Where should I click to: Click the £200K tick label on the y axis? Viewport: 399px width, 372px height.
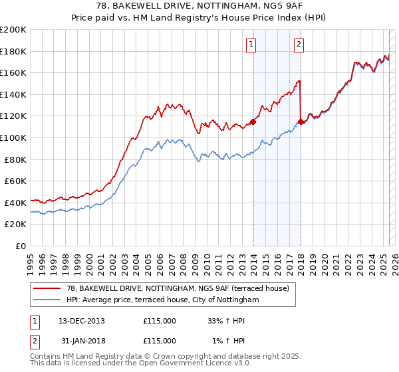[13, 30]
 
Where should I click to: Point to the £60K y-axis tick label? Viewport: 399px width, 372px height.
[15, 181]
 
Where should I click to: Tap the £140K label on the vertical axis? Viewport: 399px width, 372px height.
[13, 94]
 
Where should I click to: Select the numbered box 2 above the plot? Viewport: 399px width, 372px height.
[299, 45]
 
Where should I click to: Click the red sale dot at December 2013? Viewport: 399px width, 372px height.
[253, 122]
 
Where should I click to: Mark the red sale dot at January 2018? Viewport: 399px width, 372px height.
[301, 122]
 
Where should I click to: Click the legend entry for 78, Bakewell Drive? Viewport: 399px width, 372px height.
[178, 289]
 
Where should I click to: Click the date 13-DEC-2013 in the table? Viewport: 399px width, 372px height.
[82, 321]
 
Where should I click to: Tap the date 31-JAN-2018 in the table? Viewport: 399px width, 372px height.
[82, 340]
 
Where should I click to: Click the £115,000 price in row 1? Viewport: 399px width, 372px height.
[160, 321]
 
